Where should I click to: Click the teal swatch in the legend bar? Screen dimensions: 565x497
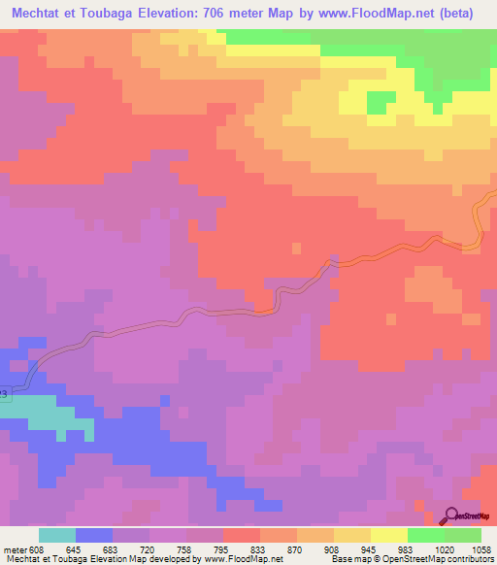57,535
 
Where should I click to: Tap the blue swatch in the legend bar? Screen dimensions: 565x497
94,535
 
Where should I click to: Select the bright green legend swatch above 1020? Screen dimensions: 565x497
426,535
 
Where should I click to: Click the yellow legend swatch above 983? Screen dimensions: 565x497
389,535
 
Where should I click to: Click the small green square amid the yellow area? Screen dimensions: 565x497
381,101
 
